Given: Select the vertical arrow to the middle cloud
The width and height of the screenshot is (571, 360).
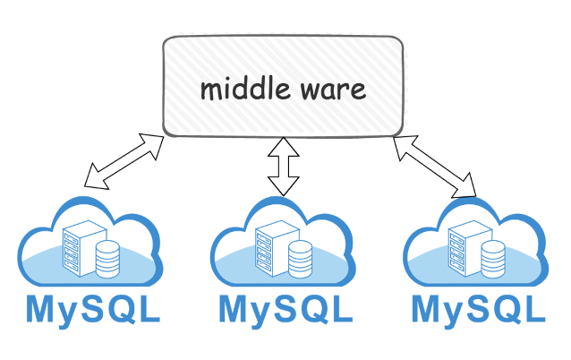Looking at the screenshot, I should (285, 166).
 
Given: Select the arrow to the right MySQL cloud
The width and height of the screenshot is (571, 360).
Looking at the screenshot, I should (436, 165).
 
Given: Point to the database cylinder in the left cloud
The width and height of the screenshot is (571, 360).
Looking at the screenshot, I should (107, 259).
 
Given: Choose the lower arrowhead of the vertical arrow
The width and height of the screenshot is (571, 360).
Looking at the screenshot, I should (285, 187).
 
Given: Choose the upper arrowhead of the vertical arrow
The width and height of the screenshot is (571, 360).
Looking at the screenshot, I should (285, 144).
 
